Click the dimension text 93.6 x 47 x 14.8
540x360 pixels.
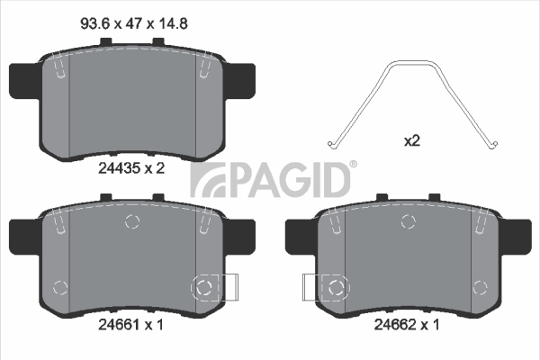(134, 23)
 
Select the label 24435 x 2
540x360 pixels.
(131, 168)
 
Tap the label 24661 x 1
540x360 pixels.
(130, 325)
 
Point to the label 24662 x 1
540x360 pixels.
(407, 325)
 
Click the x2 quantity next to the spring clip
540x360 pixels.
(412, 140)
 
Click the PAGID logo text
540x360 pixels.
(270, 180)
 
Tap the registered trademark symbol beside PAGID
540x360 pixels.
(354, 165)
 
